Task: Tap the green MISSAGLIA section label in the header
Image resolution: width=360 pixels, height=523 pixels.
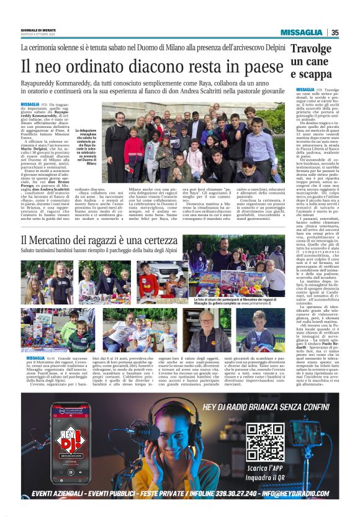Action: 301,33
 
